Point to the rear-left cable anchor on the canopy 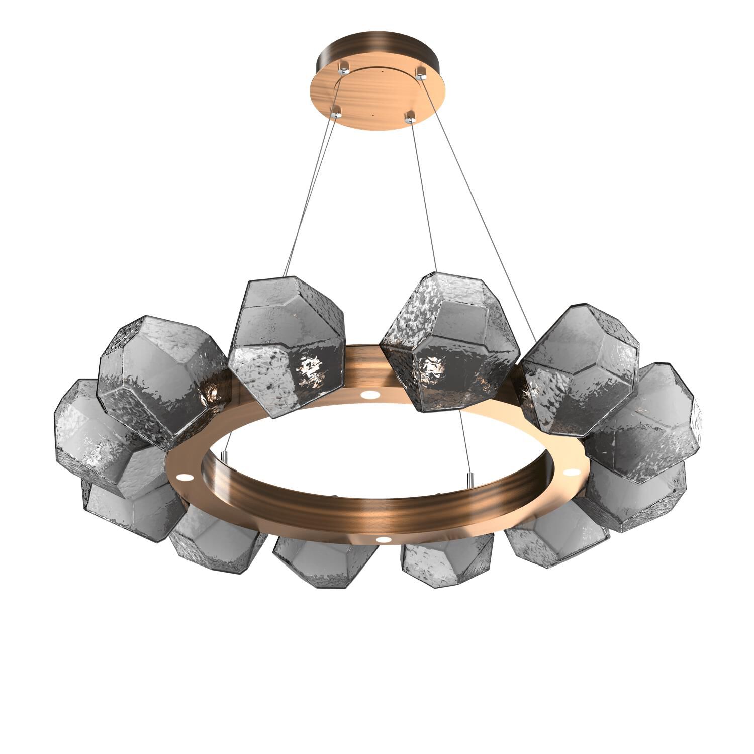[x=344, y=66]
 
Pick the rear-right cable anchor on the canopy [x=420, y=74]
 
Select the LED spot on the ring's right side [x=571, y=473]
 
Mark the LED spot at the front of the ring [x=385, y=539]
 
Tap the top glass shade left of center [x=287, y=347]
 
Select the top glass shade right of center [x=447, y=342]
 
